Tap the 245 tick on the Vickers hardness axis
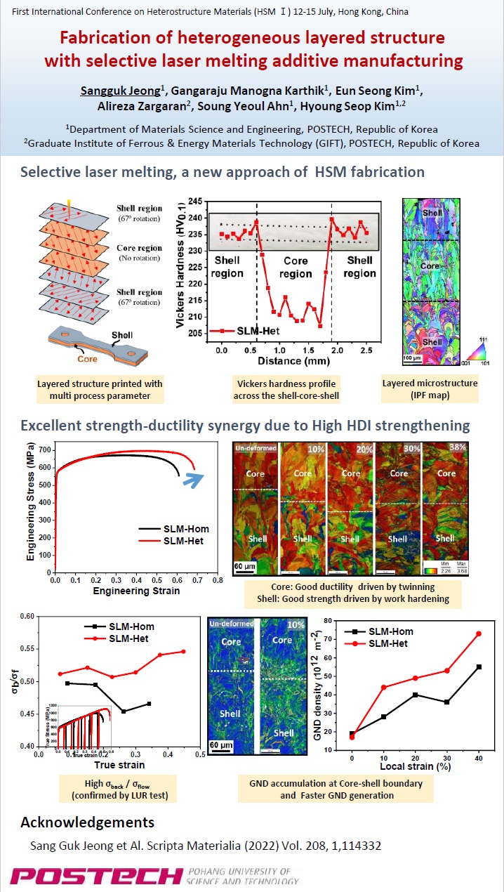(194, 201)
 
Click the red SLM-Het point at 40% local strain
(479, 634)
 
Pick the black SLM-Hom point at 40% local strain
(479, 667)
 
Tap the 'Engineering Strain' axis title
(135, 591)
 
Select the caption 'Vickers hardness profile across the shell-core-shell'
(284, 389)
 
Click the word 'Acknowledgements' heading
(87, 822)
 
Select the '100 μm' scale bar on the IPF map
(411, 359)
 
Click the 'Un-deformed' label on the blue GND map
(232, 623)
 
